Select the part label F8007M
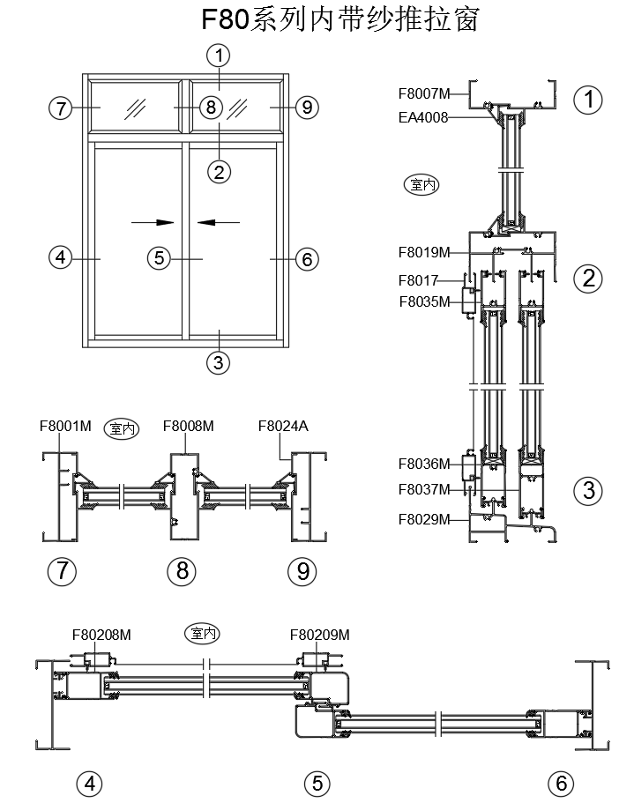click(x=424, y=92)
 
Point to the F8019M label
click(x=424, y=252)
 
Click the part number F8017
click(x=418, y=281)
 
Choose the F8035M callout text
click(x=424, y=301)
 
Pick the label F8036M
click(x=424, y=463)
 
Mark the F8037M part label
click(x=424, y=488)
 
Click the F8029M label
click(x=424, y=518)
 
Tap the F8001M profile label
click(x=65, y=426)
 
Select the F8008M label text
click(x=189, y=426)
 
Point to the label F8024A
click(x=282, y=426)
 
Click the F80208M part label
click(x=101, y=634)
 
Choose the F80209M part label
click(x=319, y=634)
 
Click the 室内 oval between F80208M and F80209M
click(x=202, y=632)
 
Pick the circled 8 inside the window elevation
click(x=209, y=108)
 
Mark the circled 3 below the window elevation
click(x=219, y=361)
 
